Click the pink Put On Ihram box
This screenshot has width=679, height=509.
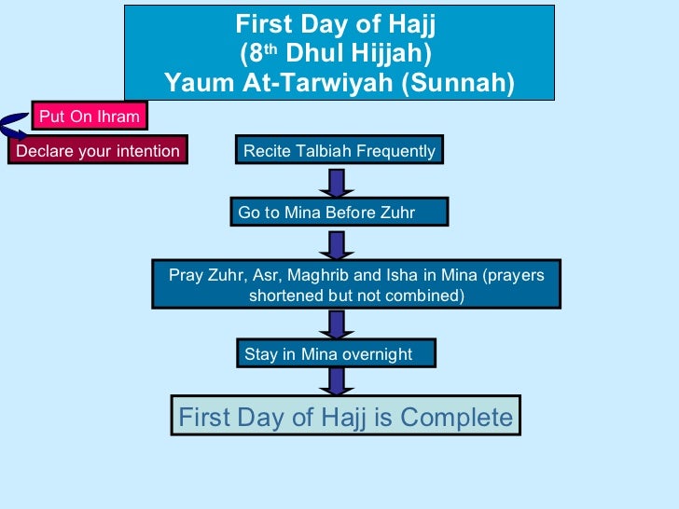coord(90,117)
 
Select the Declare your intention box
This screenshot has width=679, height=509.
coord(98,151)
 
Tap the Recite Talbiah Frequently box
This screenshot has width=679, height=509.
coord(339,150)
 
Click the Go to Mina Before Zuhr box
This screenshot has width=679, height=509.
coord(339,213)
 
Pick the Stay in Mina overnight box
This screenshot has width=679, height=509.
coord(337,354)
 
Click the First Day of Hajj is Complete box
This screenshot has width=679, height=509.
coord(346,417)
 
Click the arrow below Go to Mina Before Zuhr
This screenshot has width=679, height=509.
coord(337,244)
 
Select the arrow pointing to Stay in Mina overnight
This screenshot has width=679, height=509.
coord(337,323)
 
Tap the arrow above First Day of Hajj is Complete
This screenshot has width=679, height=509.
coord(337,380)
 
